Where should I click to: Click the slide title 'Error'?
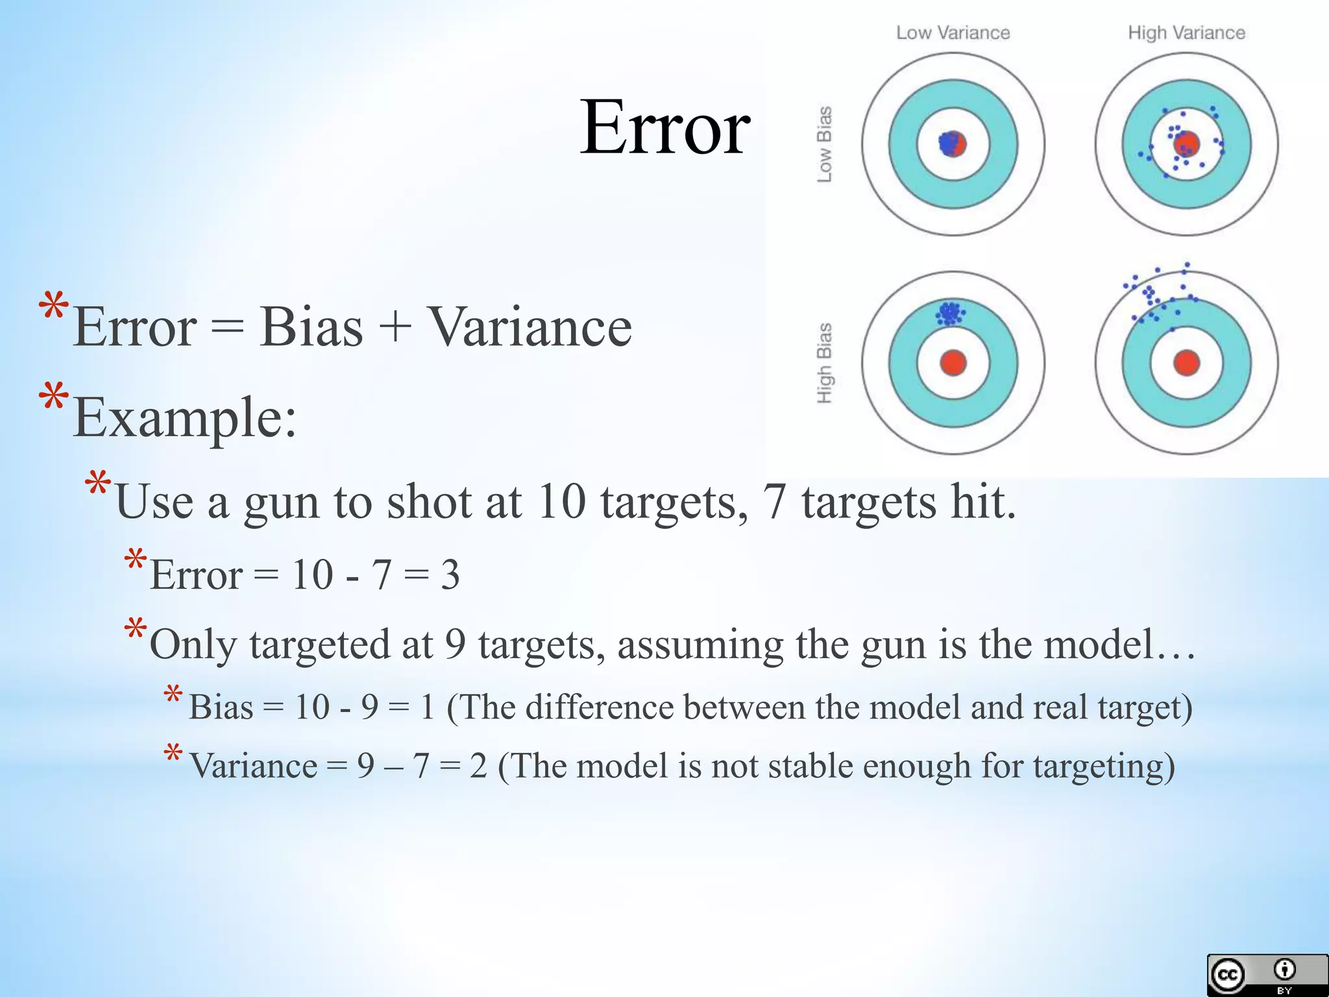pyautogui.click(x=665, y=127)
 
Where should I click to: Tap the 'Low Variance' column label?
pyautogui.click(x=953, y=32)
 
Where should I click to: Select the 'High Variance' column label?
pyautogui.click(x=1186, y=32)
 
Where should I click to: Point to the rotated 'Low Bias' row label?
pyautogui.click(x=824, y=144)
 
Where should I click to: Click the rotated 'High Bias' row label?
pyautogui.click(x=824, y=363)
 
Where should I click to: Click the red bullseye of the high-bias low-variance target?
pyautogui.click(x=953, y=362)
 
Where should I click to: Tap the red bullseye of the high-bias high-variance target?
pyautogui.click(x=1187, y=362)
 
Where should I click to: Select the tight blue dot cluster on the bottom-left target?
pyautogui.click(x=950, y=314)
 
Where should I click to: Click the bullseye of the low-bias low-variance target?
pyautogui.click(x=953, y=143)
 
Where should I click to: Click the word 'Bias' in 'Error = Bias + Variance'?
pyautogui.click(x=311, y=326)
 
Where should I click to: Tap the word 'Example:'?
pyautogui.click(x=185, y=417)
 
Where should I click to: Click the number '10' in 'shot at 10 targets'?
pyautogui.click(x=562, y=502)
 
